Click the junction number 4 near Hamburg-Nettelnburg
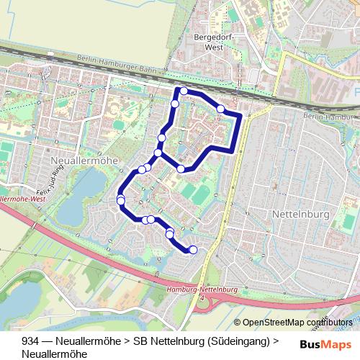[x=203, y=297]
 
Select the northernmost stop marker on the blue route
[x=184, y=91]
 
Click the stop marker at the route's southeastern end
[x=192, y=250]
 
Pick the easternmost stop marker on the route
[x=220, y=109]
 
